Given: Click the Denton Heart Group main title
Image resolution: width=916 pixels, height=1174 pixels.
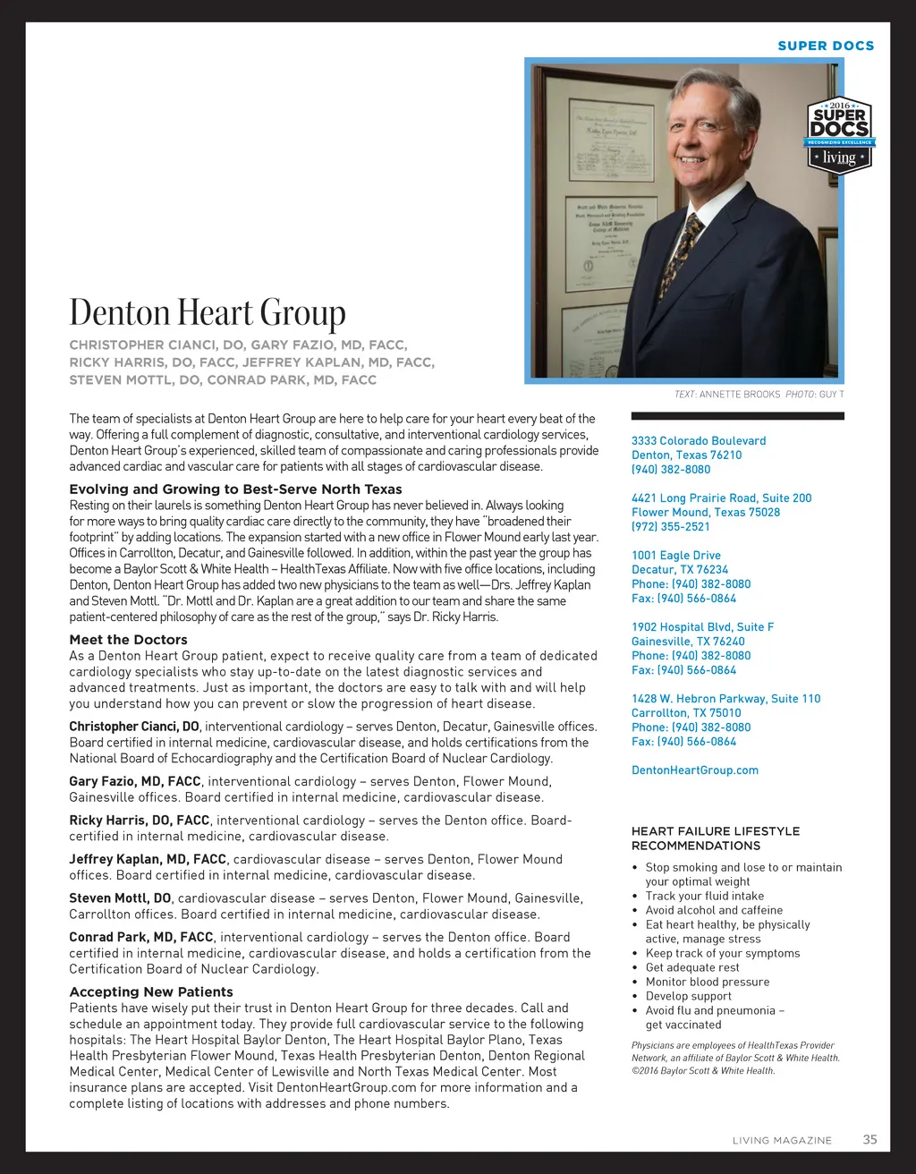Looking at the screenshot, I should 208,312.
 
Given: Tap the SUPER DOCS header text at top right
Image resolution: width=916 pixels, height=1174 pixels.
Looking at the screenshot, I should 826,46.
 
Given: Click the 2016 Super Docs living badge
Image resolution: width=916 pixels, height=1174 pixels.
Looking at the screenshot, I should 840,135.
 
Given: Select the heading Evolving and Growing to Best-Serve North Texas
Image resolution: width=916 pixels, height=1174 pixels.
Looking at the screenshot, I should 235,489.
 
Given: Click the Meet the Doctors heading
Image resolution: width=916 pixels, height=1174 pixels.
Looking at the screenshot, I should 128,640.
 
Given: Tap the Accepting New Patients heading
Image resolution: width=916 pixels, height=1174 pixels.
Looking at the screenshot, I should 151,991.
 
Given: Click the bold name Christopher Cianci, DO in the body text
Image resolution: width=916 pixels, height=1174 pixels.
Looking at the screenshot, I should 134,727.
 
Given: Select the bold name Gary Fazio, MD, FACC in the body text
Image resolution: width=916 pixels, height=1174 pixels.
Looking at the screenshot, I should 135,781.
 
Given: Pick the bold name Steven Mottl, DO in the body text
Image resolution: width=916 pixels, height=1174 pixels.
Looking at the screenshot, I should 120,898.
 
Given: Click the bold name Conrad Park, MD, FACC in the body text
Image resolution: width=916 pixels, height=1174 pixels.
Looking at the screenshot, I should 141,937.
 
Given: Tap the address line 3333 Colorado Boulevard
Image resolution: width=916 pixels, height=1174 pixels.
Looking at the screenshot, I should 699,440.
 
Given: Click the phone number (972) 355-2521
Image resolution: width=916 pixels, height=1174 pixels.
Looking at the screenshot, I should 671,526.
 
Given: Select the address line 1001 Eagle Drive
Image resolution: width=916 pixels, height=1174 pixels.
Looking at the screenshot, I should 675,555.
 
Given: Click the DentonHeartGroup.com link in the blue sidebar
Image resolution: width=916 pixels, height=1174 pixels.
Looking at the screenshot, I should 694,770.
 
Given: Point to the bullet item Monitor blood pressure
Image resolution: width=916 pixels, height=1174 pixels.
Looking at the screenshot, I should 707,982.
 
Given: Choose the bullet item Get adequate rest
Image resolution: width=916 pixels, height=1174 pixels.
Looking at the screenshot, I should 691,967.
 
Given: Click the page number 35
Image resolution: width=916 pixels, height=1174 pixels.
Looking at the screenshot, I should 869,1139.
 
